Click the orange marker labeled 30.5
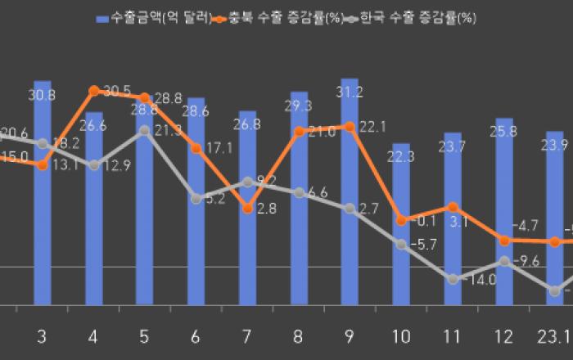click(93, 90)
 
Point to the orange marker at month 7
click(247, 209)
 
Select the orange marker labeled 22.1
click(350, 126)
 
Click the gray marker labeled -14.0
click(453, 279)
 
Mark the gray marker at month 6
click(196, 198)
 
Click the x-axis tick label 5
click(145, 336)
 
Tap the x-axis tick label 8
click(299, 336)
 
